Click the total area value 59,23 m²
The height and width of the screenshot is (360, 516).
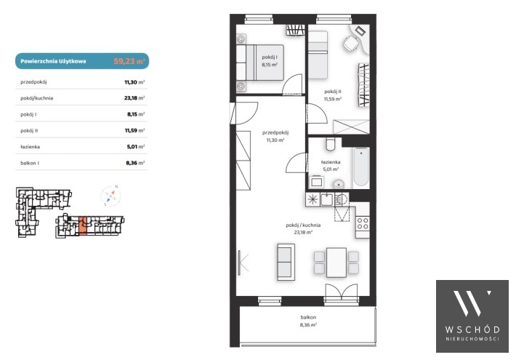pos(129,61)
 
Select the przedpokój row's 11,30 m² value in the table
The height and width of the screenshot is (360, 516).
pos(134,82)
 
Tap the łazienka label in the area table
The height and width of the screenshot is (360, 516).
pos(30,147)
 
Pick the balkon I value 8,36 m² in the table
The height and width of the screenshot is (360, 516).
pos(135,163)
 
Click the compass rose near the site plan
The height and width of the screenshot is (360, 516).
pos(110,196)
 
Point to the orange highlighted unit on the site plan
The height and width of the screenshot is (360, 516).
pos(83,225)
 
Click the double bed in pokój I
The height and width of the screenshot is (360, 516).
pos(260,63)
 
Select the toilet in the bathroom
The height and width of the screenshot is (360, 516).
pos(331,144)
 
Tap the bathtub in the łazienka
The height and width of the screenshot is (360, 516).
pos(361,167)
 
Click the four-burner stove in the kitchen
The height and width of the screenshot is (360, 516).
pos(363,223)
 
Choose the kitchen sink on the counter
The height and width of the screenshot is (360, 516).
pos(327,199)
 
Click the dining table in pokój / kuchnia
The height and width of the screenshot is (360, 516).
pos(336,263)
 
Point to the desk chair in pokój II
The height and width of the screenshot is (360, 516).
pos(352,43)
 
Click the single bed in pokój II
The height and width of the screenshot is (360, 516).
pos(318,55)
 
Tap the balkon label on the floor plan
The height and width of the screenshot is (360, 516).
pos(308,317)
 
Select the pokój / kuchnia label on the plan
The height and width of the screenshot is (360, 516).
pos(303,225)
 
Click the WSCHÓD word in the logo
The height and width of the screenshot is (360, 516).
pos(472,329)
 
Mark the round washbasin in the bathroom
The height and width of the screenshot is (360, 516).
pos(338,184)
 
